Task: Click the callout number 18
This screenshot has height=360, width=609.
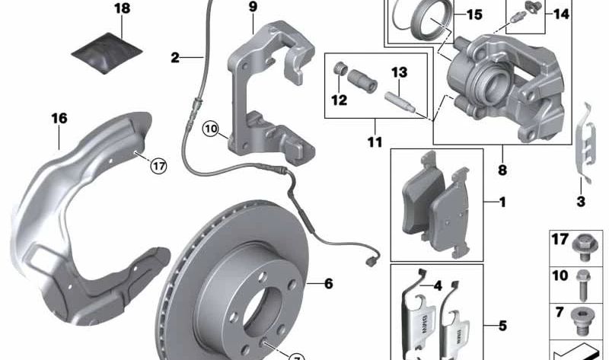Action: tap(122, 8)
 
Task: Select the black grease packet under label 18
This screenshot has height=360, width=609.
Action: tap(107, 53)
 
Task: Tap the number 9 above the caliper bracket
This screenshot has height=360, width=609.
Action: tap(253, 7)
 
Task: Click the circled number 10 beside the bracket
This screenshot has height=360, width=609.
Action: tap(211, 129)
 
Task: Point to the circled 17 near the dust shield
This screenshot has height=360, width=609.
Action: tap(158, 166)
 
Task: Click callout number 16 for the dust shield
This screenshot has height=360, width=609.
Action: tap(59, 118)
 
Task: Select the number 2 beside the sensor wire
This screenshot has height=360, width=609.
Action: tap(175, 58)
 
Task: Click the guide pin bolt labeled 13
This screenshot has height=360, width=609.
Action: tap(400, 102)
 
